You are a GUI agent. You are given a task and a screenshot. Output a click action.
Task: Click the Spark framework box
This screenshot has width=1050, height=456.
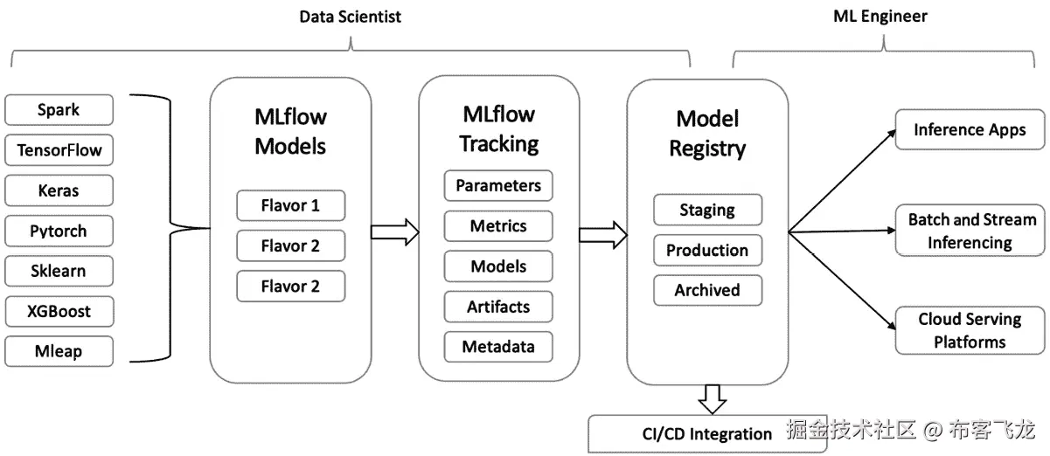(x=59, y=110)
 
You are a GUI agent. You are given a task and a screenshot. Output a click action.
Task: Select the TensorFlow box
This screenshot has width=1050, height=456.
(x=59, y=150)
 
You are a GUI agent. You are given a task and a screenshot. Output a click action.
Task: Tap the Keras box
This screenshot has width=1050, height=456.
(x=59, y=190)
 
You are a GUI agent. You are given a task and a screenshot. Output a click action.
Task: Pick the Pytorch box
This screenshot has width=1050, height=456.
(x=59, y=231)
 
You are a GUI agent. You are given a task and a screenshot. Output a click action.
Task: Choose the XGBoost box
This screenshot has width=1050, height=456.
(x=59, y=312)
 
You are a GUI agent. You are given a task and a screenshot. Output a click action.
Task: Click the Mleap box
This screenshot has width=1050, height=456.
(x=59, y=352)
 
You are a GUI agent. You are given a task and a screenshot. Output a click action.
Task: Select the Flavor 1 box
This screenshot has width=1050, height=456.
(x=290, y=206)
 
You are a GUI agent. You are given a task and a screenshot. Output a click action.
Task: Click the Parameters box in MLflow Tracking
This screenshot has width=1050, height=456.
(x=498, y=186)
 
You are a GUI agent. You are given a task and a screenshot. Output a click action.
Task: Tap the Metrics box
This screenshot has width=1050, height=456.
(x=498, y=226)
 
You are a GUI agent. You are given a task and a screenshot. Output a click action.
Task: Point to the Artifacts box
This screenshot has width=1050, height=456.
(x=498, y=307)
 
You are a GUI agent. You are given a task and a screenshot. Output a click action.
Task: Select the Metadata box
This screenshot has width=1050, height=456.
(x=498, y=347)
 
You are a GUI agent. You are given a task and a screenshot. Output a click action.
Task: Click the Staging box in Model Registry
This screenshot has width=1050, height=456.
(x=707, y=210)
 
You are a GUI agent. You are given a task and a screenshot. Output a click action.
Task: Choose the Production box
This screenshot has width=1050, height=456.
(x=707, y=250)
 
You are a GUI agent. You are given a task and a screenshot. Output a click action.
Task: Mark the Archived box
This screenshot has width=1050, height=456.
(x=707, y=290)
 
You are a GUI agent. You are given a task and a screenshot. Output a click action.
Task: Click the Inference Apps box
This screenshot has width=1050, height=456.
(x=970, y=130)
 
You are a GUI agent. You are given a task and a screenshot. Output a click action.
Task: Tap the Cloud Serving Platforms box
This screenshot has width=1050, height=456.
(x=970, y=330)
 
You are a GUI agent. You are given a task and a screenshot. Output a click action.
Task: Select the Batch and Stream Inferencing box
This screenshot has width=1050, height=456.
(x=970, y=231)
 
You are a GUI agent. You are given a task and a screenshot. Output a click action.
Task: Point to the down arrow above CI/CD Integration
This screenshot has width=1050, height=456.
(x=713, y=398)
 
